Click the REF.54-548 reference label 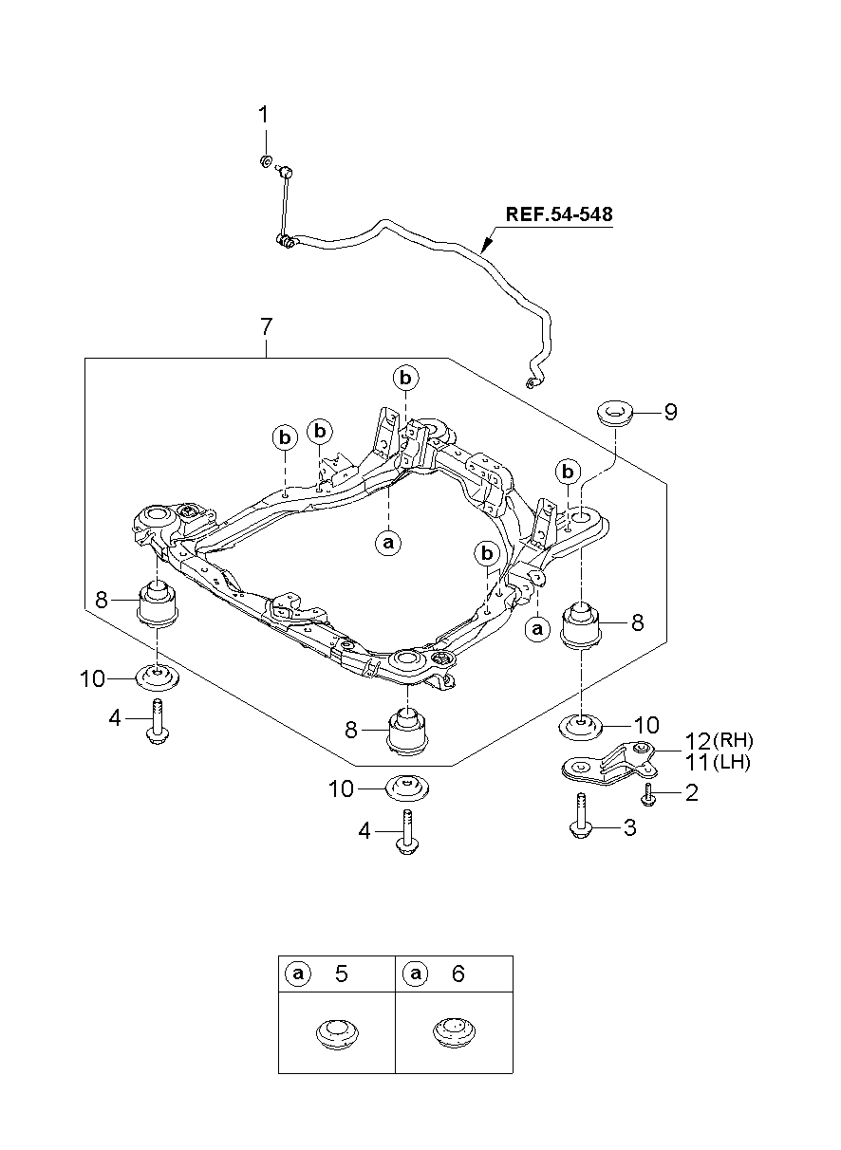point(558,214)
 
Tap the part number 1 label point(264,115)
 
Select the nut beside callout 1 point(267,160)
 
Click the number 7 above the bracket point(266,327)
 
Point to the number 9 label point(670,412)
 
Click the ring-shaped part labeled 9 point(615,413)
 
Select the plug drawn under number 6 point(453,1032)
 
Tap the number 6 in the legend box point(458,974)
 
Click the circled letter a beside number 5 point(298,974)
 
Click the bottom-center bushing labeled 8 point(408,732)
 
